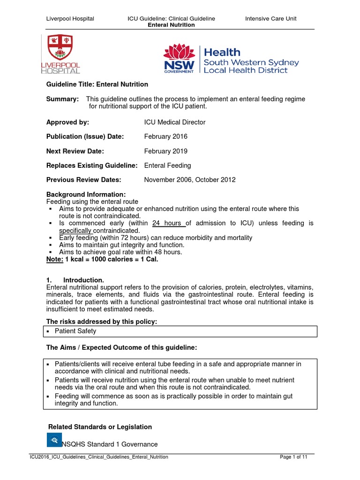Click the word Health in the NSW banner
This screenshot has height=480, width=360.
(222, 52)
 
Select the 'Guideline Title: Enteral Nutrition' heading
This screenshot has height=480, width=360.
(97, 84)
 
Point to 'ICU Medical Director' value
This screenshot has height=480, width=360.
(175, 122)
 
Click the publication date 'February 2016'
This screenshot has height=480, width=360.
(165, 136)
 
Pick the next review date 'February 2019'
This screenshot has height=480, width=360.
(165, 151)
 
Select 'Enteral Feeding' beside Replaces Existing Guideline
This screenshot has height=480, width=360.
(167, 165)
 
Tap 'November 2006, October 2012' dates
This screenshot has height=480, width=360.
(190, 180)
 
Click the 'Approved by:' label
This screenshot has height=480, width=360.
(67, 122)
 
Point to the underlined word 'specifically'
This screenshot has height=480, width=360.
(75, 231)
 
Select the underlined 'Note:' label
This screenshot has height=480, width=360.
(54, 259)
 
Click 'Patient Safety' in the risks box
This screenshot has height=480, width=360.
(75, 331)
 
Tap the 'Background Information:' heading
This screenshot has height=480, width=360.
(86, 194)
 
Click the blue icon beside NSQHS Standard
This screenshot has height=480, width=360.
(54, 440)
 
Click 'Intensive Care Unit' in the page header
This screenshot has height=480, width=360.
(271, 19)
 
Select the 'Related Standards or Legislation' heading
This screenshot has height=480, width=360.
(100, 427)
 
